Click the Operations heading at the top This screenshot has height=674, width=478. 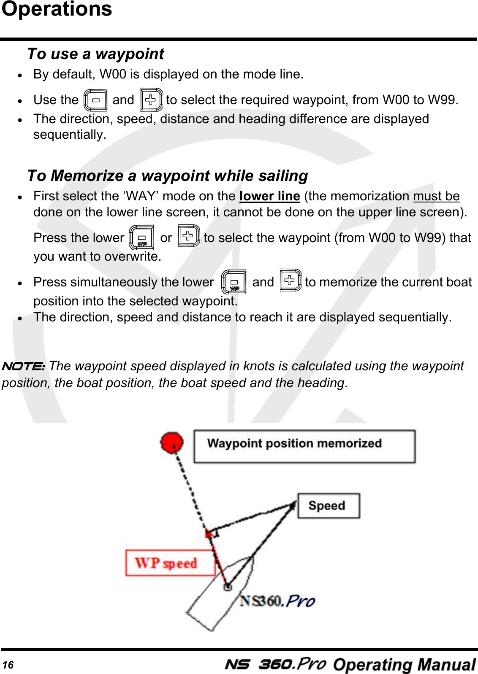click(57, 9)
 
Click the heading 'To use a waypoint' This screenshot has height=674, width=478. click(95, 54)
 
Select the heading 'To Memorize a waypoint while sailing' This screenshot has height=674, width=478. click(167, 175)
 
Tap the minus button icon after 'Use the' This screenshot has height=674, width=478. click(95, 100)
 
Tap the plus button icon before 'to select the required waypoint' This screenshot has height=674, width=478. click(151, 100)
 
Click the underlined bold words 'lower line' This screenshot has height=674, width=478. click(269, 196)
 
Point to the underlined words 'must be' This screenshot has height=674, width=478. click(436, 196)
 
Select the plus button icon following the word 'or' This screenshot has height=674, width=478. click(188, 236)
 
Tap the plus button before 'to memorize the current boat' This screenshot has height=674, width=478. click(290, 280)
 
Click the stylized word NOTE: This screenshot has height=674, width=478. click(23, 366)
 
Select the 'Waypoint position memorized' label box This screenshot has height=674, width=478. click(304, 446)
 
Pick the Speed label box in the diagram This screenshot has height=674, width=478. click(328, 506)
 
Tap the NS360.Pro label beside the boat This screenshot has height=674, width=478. click(277, 601)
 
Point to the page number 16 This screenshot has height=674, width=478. click(8, 665)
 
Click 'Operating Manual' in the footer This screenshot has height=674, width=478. click(404, 665)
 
